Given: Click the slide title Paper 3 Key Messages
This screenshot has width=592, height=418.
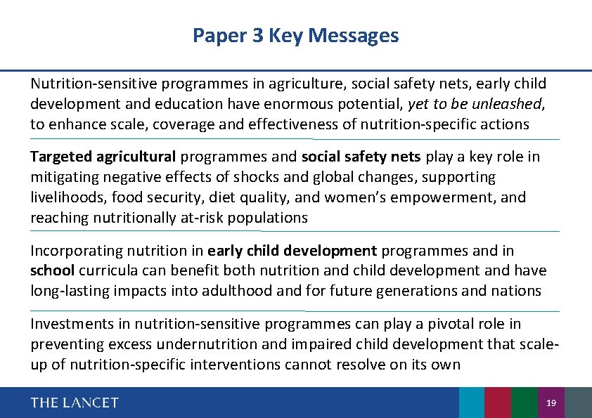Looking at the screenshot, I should tap(295, 35).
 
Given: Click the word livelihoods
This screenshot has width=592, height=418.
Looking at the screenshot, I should tap(61, 197).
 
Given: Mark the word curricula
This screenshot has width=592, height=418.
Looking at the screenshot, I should tap(105, 270).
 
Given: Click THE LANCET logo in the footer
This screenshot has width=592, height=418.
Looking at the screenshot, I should tap(75, 403).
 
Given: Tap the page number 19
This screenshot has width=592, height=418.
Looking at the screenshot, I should tap(551, 403).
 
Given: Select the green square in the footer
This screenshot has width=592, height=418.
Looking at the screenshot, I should tap(525, 403).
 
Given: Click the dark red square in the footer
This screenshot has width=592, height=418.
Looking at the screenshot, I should tap(498, 403).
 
